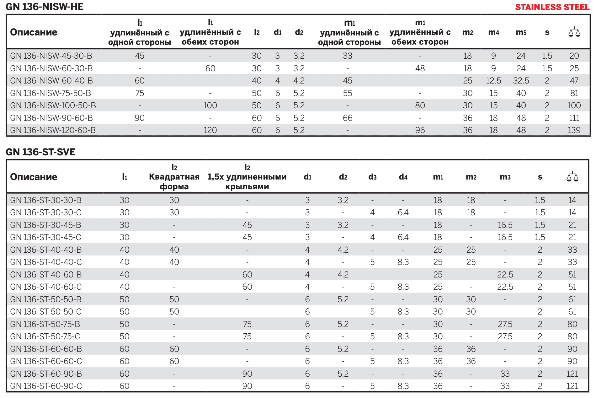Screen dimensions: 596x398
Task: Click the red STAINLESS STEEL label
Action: pos(552,7)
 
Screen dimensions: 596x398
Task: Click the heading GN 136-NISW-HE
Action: pos(45,7)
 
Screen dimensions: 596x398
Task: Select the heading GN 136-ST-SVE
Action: pos(40,152)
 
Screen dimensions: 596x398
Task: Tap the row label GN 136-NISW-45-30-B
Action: pos(51,56)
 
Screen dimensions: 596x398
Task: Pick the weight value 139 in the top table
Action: pos(574,130)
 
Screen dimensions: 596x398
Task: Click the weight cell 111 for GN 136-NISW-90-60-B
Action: pos(574,118)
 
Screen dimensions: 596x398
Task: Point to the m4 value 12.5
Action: pos(493,81)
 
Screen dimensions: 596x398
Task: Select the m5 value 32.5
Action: pos(521,81)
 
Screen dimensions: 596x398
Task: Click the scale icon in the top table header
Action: pos(574,32)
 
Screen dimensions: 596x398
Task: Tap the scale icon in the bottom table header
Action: pos(572,177)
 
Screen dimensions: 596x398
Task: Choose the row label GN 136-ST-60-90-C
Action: pos(46,386)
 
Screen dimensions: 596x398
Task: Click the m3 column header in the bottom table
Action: pos(505,177)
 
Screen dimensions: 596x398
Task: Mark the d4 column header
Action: pos(403,177)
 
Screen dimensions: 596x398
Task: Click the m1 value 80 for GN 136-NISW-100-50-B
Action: pos(420,105)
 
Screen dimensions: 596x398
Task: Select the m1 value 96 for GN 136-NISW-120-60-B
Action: pos(420,130)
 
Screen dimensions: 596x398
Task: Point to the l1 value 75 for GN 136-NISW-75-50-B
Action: pos(140,93)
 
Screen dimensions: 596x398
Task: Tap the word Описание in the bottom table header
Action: pos(34,177)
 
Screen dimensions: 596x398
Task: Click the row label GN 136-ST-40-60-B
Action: pos(46,275)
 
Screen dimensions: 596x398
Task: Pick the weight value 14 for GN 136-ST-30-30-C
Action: pos(572,212)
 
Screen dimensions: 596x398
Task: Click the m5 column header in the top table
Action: pos(521,32)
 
